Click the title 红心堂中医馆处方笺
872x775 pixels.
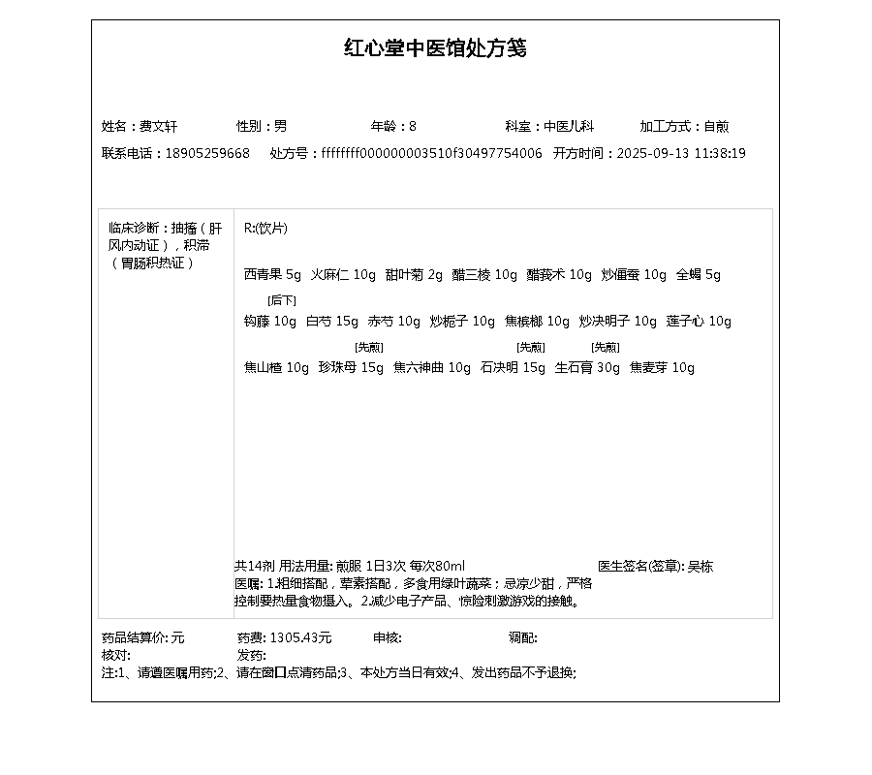click(435, 48)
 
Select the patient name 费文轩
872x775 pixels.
click(158, 126)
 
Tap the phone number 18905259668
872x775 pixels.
click(207, 153)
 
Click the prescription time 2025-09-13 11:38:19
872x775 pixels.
click(681, 153)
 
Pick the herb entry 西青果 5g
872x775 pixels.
click(272, 274)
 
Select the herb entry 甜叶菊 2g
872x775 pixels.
click(414, 274)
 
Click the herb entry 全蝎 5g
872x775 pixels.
click(699, 274)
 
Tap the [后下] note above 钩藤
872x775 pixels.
click(282, 300)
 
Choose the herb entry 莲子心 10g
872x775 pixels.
click(699, 321)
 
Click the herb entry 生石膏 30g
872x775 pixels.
click(587, 367)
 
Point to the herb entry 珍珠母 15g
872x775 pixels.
click(351, 367)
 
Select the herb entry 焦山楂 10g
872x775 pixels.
click(276, 367)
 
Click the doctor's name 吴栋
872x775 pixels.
click(701, 566)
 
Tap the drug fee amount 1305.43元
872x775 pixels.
click(300, 637)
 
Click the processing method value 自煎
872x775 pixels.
click(716, 126)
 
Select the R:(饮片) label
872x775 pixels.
click(265, 229)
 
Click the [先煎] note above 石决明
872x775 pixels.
click(530, 347)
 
